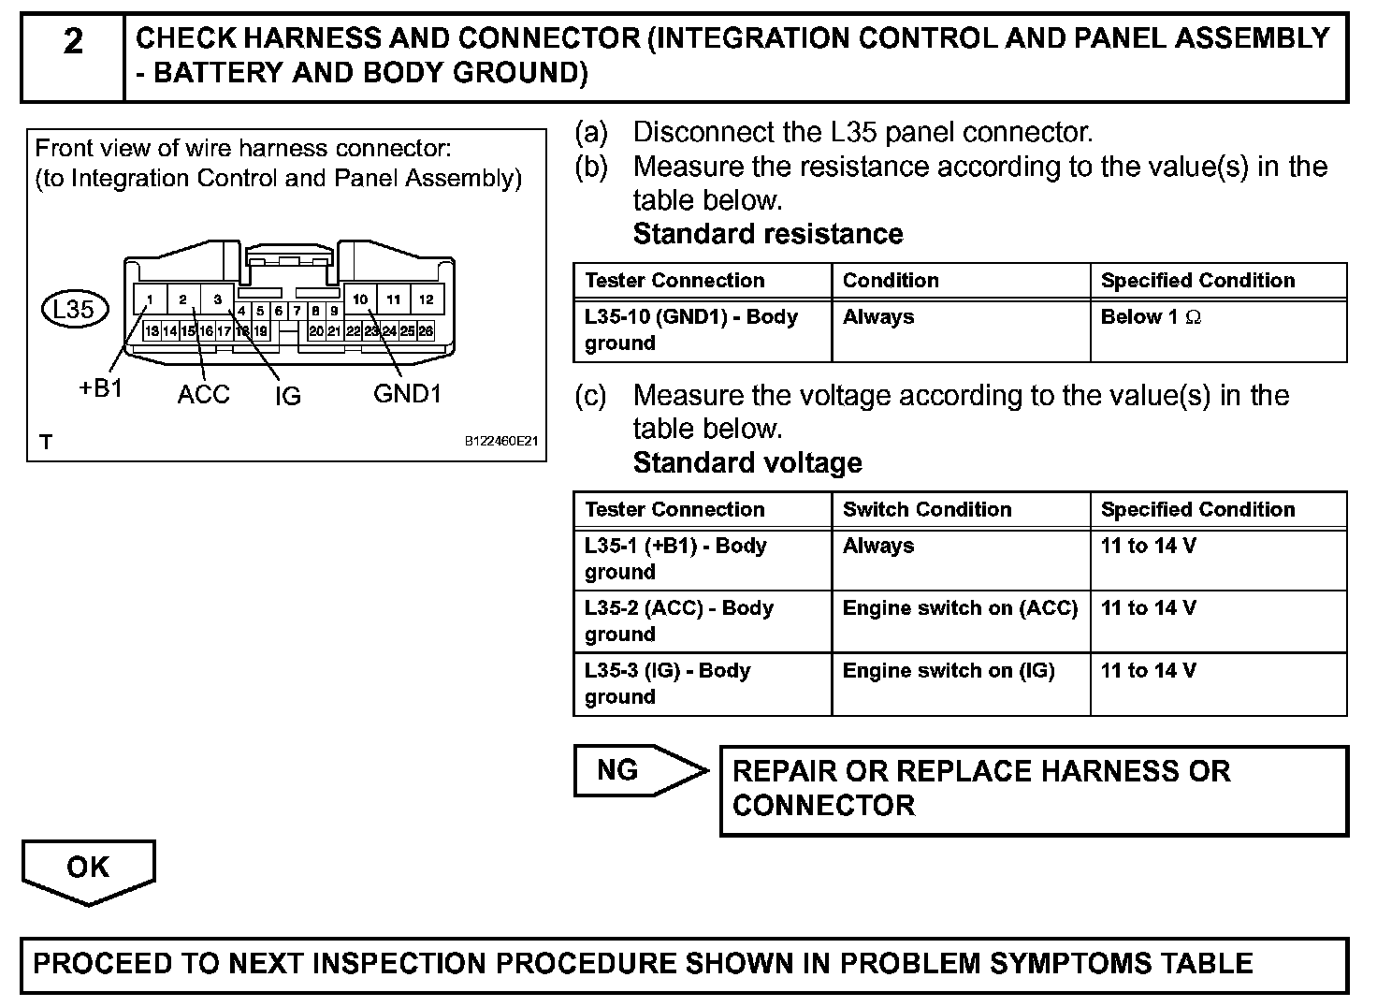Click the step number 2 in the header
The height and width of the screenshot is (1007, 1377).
pos(73,42)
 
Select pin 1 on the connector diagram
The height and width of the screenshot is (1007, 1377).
pos(150,299)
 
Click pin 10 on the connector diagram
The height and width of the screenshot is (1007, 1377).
pos(360,299)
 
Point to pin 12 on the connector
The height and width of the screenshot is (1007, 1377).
pos(427,299)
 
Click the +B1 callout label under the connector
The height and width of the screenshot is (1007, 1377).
pos(101,389)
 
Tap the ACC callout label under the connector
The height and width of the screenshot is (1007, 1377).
pos(203,395)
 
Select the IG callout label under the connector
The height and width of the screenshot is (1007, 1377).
pos(288,397)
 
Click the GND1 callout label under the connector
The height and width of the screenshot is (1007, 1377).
pos(407,394)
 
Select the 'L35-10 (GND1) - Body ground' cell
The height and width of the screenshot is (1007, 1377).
pos(690,329)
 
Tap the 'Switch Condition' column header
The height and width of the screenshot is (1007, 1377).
pos(927,510)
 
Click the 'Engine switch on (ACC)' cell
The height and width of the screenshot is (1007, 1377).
pos(960,608)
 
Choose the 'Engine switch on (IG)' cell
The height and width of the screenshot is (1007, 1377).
pos(949,671)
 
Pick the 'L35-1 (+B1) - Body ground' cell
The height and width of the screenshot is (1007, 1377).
pos(675,559)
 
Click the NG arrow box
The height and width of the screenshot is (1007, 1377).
pos(636,771)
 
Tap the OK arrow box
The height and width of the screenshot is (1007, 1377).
pos(88,868)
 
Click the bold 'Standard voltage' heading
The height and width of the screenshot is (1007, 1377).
pos(747,463)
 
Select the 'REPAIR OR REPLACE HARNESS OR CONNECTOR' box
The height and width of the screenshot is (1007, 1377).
pos(1034,789)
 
